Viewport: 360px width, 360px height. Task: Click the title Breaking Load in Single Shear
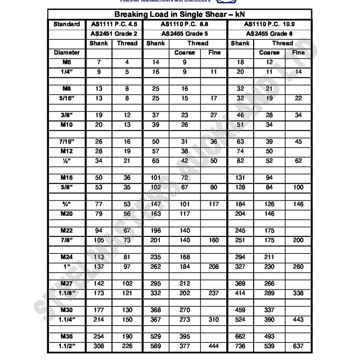(179, 15)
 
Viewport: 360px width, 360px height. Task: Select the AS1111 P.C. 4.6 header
(113, 25)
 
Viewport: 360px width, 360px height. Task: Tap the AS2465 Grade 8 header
(269, 34)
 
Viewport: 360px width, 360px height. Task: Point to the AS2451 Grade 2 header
(113, 34)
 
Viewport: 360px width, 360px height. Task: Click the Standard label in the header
(66, 25)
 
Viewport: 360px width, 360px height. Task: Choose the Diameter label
(66, 53)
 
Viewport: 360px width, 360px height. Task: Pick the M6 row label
(66, 62)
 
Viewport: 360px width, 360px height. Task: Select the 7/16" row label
(66, 142)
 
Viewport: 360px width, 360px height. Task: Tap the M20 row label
(66, 214)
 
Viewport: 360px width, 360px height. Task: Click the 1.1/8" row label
(66, 293)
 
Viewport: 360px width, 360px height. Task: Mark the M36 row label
(66, 337)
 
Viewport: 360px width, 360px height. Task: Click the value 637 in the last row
(298, 346)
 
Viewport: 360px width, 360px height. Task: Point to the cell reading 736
(240, 346)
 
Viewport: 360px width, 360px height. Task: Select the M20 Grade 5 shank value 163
(156, 214)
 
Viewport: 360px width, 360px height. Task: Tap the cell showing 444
(214, 346)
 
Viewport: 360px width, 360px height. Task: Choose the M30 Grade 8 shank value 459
(240, 310)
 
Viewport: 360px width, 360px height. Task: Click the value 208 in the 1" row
(214, 267)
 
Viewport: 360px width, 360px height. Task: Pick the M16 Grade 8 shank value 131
(240, 178)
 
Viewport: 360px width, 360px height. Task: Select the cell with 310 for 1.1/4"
(214, 320)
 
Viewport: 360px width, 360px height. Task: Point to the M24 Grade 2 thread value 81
(127, 257)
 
